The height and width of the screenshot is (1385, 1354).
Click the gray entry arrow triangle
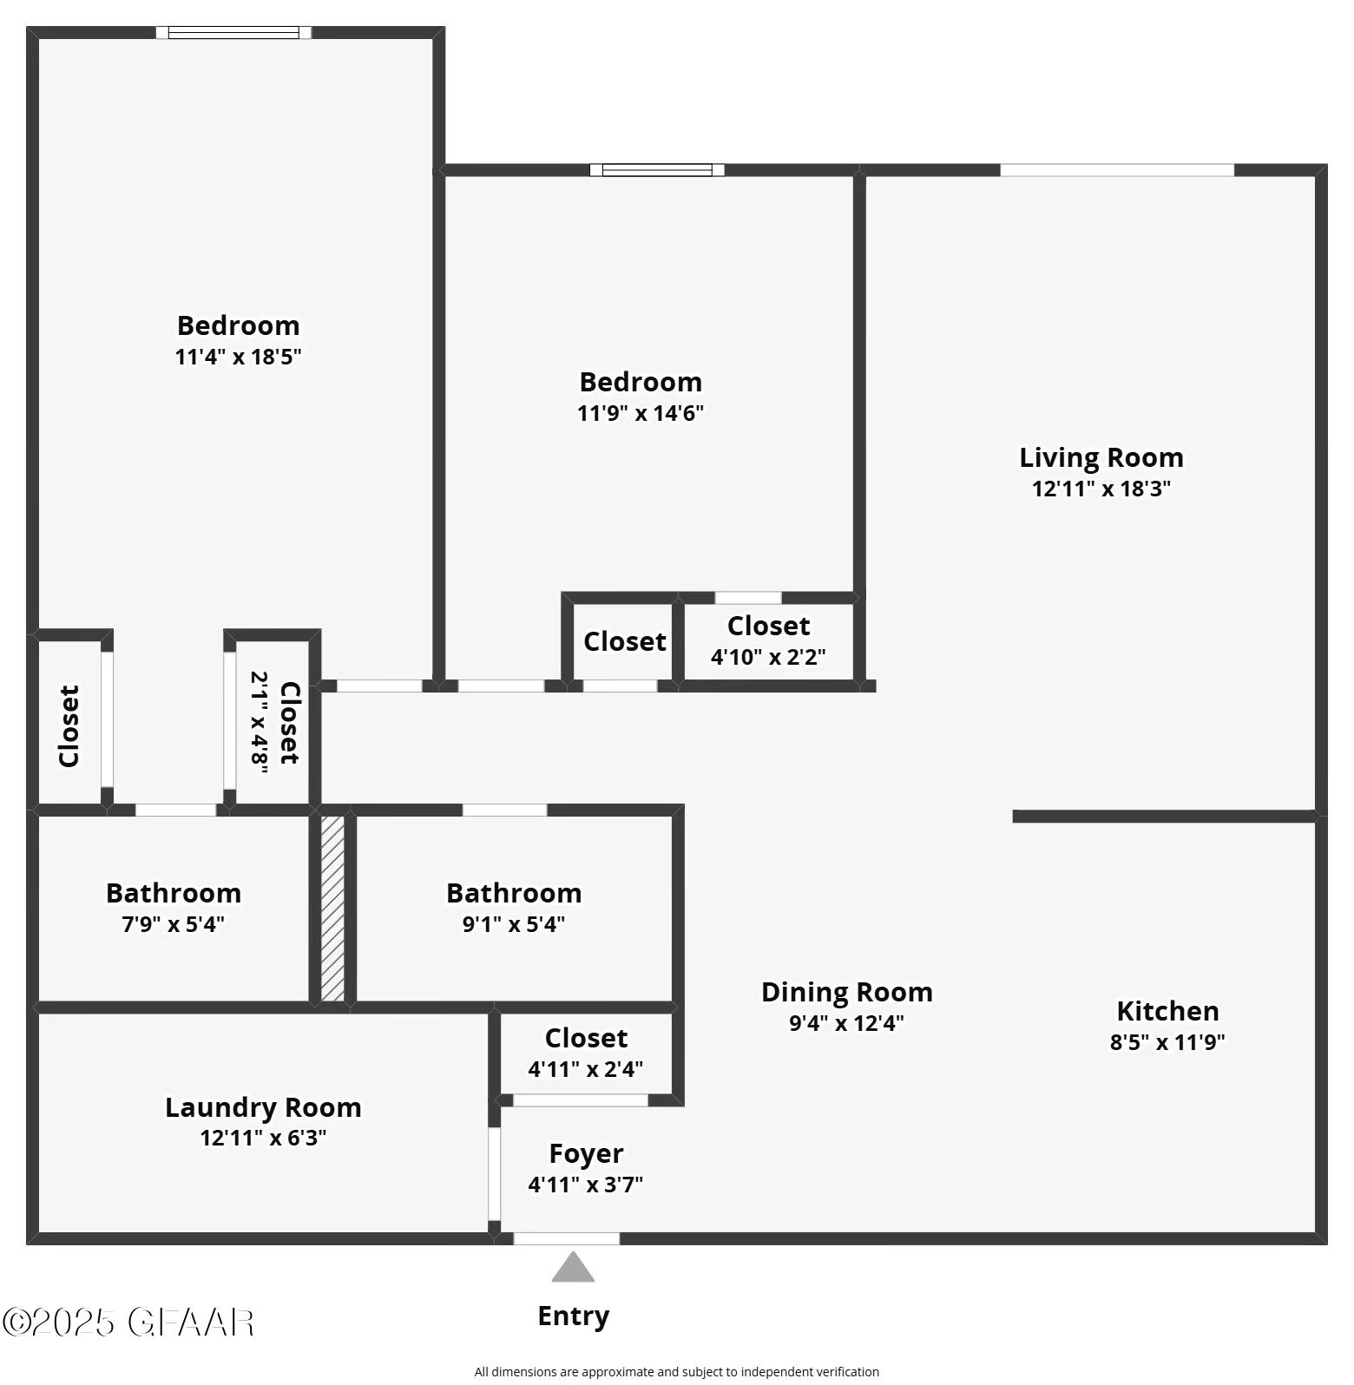573,1269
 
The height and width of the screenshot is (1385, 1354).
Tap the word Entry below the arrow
573,1316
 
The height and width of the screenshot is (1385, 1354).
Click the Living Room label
1101,457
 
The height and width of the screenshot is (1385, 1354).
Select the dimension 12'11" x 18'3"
1101,489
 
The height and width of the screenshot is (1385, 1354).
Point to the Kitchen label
1167,1011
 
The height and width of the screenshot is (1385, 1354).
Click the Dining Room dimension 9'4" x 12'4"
846,1023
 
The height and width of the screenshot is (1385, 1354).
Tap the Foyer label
586,1153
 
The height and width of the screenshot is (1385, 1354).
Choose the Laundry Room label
263,1107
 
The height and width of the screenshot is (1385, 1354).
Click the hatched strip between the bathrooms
332,908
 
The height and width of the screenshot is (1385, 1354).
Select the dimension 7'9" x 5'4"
173,924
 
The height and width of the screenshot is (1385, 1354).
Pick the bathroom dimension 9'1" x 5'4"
514,924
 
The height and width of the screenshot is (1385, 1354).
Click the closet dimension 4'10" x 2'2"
768,657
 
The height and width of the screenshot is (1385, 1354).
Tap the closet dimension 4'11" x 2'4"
586,1069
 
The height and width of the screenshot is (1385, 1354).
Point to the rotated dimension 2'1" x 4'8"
260,719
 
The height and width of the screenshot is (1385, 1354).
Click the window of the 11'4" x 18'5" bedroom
233,33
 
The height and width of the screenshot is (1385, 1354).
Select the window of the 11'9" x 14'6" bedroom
657,170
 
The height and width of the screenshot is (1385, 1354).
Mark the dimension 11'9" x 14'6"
641,413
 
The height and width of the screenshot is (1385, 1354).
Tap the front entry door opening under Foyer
567,1238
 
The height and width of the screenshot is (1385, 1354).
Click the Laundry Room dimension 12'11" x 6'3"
263,1138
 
